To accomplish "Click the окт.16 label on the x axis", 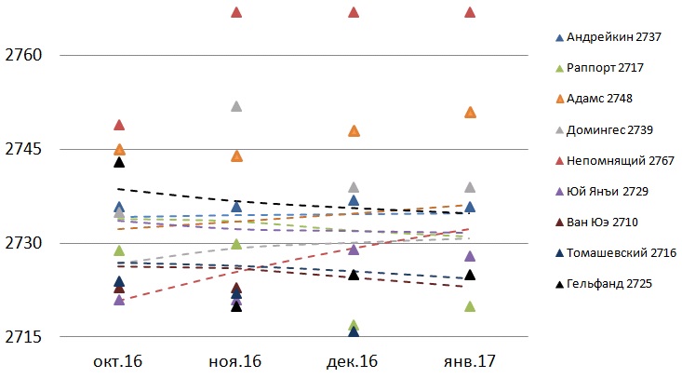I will click(x=119, y=359).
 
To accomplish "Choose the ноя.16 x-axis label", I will click(x=236, y=359).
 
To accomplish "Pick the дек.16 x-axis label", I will click(x=354, y=359).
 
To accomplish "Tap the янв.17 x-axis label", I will click(x=470, y=359).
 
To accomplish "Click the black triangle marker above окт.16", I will click(x=119, y=162).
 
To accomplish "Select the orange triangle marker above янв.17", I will click(x=470, y=113).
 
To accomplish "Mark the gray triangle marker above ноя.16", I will click(x=236, y=106).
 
